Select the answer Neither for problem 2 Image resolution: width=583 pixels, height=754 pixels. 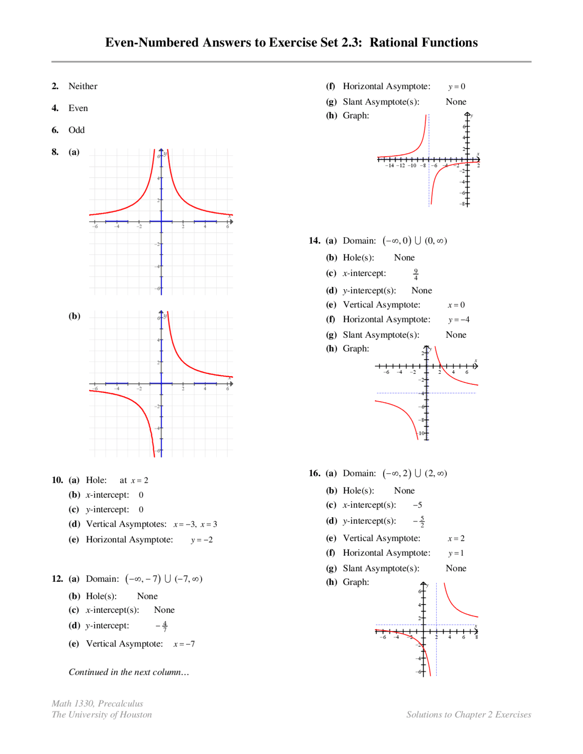point(82,86)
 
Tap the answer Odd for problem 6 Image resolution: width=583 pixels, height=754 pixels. point(77,130)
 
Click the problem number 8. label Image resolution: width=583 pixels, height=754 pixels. point(55,152)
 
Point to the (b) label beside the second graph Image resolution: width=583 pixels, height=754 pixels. point(74,316)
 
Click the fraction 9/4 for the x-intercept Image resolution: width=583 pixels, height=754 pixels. point(415,274)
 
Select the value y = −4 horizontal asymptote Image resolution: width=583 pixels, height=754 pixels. point(458,320)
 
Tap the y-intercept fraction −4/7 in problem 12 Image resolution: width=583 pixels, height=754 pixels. point(162,626)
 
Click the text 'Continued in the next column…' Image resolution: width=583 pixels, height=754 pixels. point(128,672)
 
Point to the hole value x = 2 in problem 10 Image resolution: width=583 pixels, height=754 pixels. point(139,480)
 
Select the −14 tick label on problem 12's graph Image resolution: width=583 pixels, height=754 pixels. point(389,166)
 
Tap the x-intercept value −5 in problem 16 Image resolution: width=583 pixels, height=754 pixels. point(417,505)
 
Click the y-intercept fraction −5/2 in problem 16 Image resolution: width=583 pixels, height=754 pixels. point(419,521)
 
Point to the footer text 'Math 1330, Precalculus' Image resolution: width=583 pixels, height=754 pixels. point(97,703)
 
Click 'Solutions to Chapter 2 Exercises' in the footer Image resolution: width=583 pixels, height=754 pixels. point(468,714)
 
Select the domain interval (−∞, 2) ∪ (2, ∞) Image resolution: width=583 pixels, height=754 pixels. point(414,473)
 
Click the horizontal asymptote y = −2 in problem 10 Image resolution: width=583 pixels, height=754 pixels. point(201,540)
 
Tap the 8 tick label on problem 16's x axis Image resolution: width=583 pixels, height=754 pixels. point(476,637)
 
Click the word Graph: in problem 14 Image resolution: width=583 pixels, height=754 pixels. point(356,348)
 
